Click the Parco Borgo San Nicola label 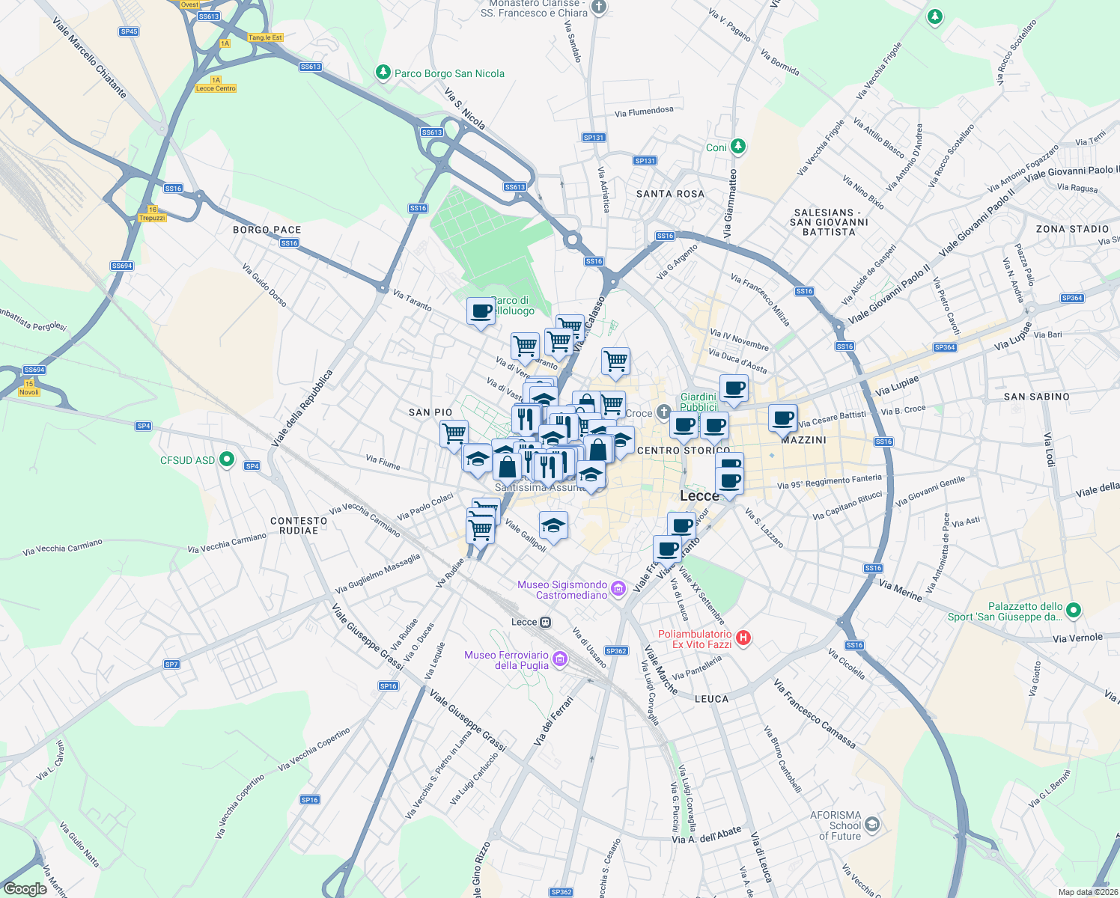tap(448, 73)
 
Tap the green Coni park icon tap(738, 147)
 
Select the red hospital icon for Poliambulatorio tap(743, 638)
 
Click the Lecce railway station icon tap(546, 622)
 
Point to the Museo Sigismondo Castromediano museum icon tap(618, 590)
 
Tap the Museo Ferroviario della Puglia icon tap(560, 659)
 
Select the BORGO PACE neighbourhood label tap(267, 230)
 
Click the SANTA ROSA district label tap(670, 194)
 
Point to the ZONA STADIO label tap(1072, 229)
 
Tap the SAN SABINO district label tap(1036, 397)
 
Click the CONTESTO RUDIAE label tap(299, 525)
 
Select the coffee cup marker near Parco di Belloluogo tap(481, 311)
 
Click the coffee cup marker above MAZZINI tap(782, 418)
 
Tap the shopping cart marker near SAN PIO tap(454, 433)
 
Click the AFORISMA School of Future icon tap(871, 825)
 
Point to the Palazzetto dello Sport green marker tap(1074, 611)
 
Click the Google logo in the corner tap(25, 889)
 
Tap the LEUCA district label tap(711, 699)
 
